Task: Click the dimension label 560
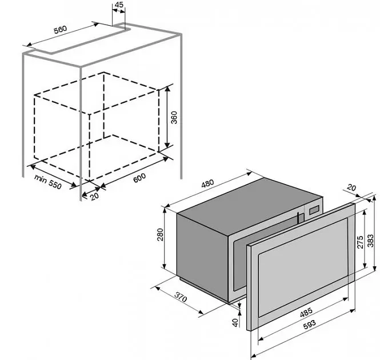tap(60, 30)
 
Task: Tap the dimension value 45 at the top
tap(119, 5)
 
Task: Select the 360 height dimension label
tap(174, 117)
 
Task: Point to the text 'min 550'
tap(48, 181)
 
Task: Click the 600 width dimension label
tap(139, 178)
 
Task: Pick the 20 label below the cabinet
tap(94, 196)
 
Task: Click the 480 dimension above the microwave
tap(207, 183)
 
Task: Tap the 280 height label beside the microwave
tap(160, 234)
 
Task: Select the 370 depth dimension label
tap(181, 297)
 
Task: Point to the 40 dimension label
tap(235, 322)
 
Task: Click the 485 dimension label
tap(306, 312)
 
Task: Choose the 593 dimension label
tap(310, 325)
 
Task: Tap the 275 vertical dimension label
tap(361, 242)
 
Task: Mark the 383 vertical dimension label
tap(370, 241)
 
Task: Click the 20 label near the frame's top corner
tap(351, 187)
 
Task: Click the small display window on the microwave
tap(314, 210)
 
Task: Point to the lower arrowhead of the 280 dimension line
tap(165, 266)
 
